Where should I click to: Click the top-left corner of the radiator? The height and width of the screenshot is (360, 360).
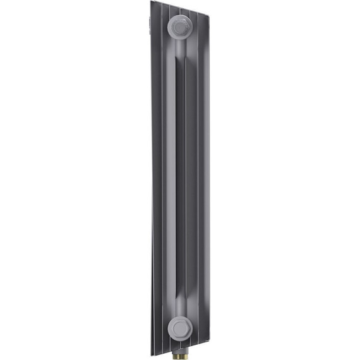point(152,2)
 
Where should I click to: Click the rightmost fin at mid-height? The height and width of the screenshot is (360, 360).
point(203,180)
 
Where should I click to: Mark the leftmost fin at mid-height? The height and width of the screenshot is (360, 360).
point(153,180)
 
